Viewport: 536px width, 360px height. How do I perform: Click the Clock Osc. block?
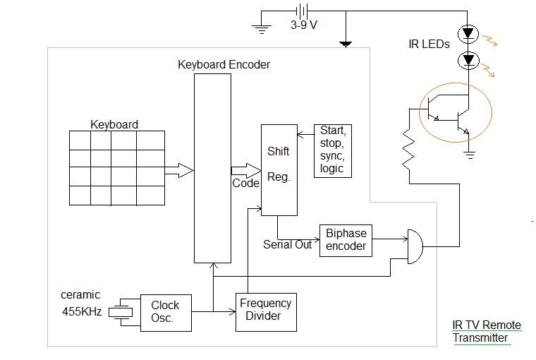coord(165,311)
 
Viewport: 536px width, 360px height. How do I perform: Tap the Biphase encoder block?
coord(346,240)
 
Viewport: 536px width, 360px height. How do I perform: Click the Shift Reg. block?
coord(279,169)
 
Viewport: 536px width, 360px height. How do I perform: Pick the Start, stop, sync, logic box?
coord(332,150)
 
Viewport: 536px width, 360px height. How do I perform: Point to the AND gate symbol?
coord(415,246)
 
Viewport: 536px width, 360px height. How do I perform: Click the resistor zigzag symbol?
coord(408,150)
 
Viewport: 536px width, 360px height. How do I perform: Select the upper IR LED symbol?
coord(466,33)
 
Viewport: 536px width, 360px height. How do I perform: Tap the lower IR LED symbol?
coord(466,61)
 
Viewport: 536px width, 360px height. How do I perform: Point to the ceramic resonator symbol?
coord(124,311)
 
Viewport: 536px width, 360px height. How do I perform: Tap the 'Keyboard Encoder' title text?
coord(223,65)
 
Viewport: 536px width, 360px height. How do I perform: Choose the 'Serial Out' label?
coord(287,245)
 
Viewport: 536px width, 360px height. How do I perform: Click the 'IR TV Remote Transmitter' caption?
coord(487,331)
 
